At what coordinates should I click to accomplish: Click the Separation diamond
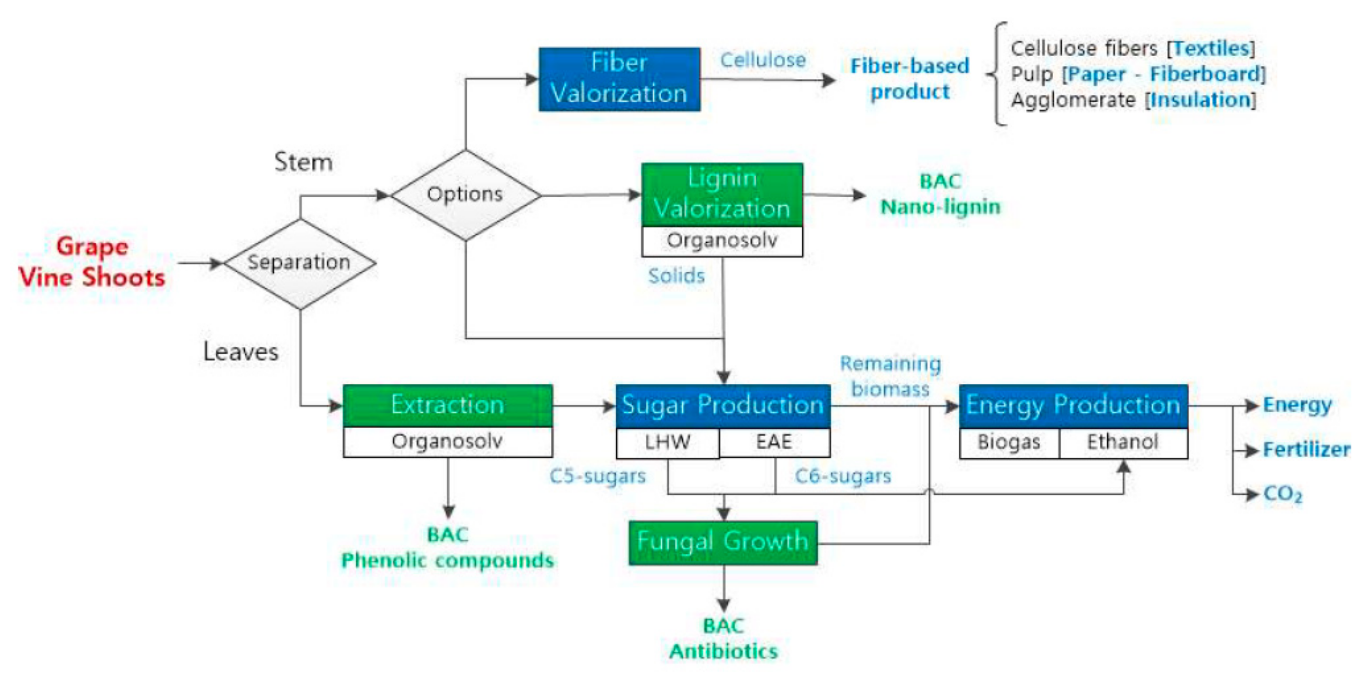[x=300, y=262]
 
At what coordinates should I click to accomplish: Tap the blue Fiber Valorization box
[x=619, y=79]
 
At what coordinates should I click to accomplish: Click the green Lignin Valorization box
[x=722, y=194]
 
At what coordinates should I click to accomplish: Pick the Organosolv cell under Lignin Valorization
[x=722, y=241]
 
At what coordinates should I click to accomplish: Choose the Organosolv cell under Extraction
[x=447, y=442]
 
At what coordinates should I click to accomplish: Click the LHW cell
[x=667, y=442]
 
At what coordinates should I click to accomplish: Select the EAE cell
[x=774, y=442]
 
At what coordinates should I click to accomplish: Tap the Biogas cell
[x=1009, y=442]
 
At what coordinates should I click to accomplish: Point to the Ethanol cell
[x=1123, y=442]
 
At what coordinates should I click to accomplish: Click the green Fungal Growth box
[x=723, y=543]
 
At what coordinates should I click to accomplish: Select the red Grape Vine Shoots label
[x=92, y=262]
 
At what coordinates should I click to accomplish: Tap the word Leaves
[x=241, y=352]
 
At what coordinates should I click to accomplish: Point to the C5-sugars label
[x=597, y=476]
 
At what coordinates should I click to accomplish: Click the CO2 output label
[x=1283, y=494]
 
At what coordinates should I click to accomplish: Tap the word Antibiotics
[x=723, y=652]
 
